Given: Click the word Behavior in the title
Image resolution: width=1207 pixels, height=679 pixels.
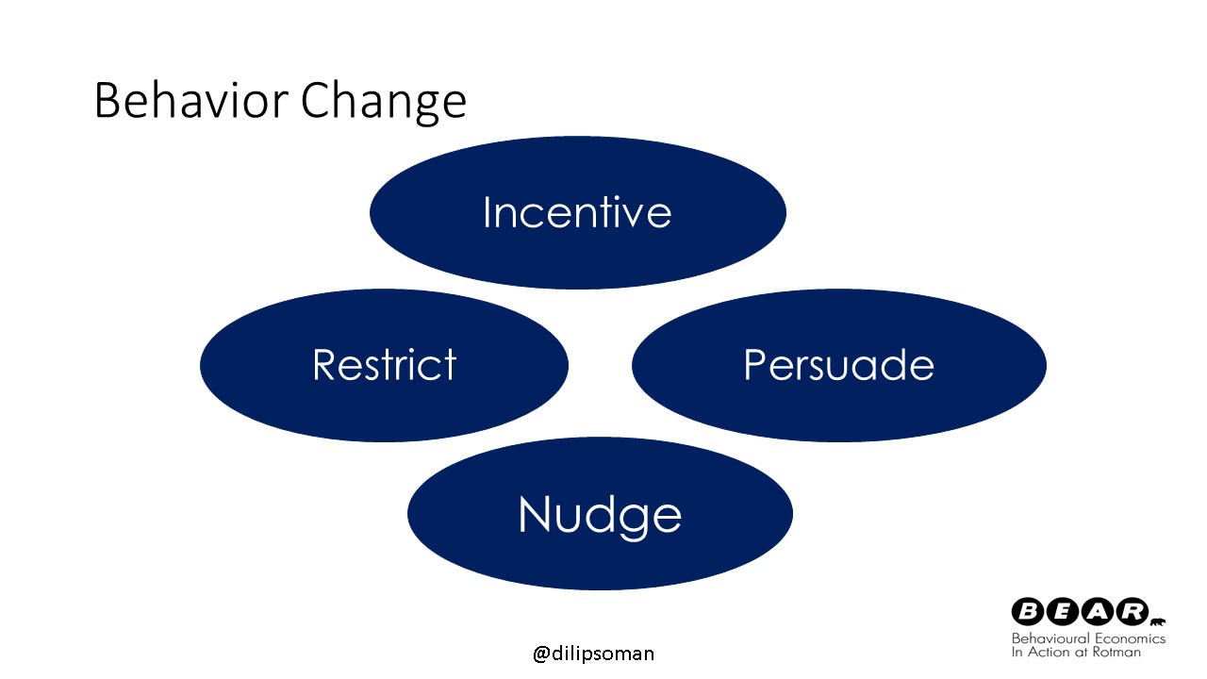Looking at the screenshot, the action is pyautogui.click(x=191, y=100).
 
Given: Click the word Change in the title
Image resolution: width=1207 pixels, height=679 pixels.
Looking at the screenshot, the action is pyautogui.click(x=383, y=103).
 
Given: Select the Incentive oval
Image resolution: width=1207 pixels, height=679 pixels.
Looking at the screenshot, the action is pyautogui.click(x=578, y=212).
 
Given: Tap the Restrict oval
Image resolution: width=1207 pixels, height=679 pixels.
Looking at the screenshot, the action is pyautogui.click(x=384, y=365).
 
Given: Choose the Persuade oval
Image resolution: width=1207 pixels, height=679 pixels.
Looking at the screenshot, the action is pyautogui.click(x=839, y=365).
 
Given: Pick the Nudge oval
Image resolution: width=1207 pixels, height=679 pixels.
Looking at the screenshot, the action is pyautogui.click(x=600, y=513).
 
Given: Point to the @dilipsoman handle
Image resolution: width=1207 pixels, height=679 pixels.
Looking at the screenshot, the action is pyautogui.click(x=593, y=654).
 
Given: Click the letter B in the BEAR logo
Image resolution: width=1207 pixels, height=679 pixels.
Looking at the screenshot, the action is pyautogui.click(x=1028, y=612).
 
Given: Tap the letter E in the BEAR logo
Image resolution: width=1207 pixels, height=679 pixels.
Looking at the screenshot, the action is pyautogui.click(x=1062, y=612).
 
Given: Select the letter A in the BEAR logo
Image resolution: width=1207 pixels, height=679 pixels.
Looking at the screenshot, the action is pyautogui.click(x=1097, y=612).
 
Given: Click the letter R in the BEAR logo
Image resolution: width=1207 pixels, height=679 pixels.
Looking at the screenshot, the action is pyautogui.click(x=1132, y=612).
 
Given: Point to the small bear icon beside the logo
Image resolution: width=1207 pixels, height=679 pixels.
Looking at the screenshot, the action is pyautogui.click(x=1157, y=622).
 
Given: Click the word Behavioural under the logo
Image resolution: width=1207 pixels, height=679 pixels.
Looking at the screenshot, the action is pyautogui.click(x=1050, y=638).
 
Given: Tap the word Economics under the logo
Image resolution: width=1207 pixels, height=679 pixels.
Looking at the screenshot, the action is pyautogui.click(x=1130, y=638).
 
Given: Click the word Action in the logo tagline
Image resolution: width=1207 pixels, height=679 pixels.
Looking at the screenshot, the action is pyautogui.click(x=1048, y=652).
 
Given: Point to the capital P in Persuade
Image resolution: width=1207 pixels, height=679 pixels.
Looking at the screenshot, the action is pyautogui.click(x=755, y=364).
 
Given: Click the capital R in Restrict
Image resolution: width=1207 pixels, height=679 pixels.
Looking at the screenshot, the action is pyautogui.click(x=325, y=364).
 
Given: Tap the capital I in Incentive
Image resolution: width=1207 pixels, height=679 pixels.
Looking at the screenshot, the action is pyautogui.click(x=487, y=212).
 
